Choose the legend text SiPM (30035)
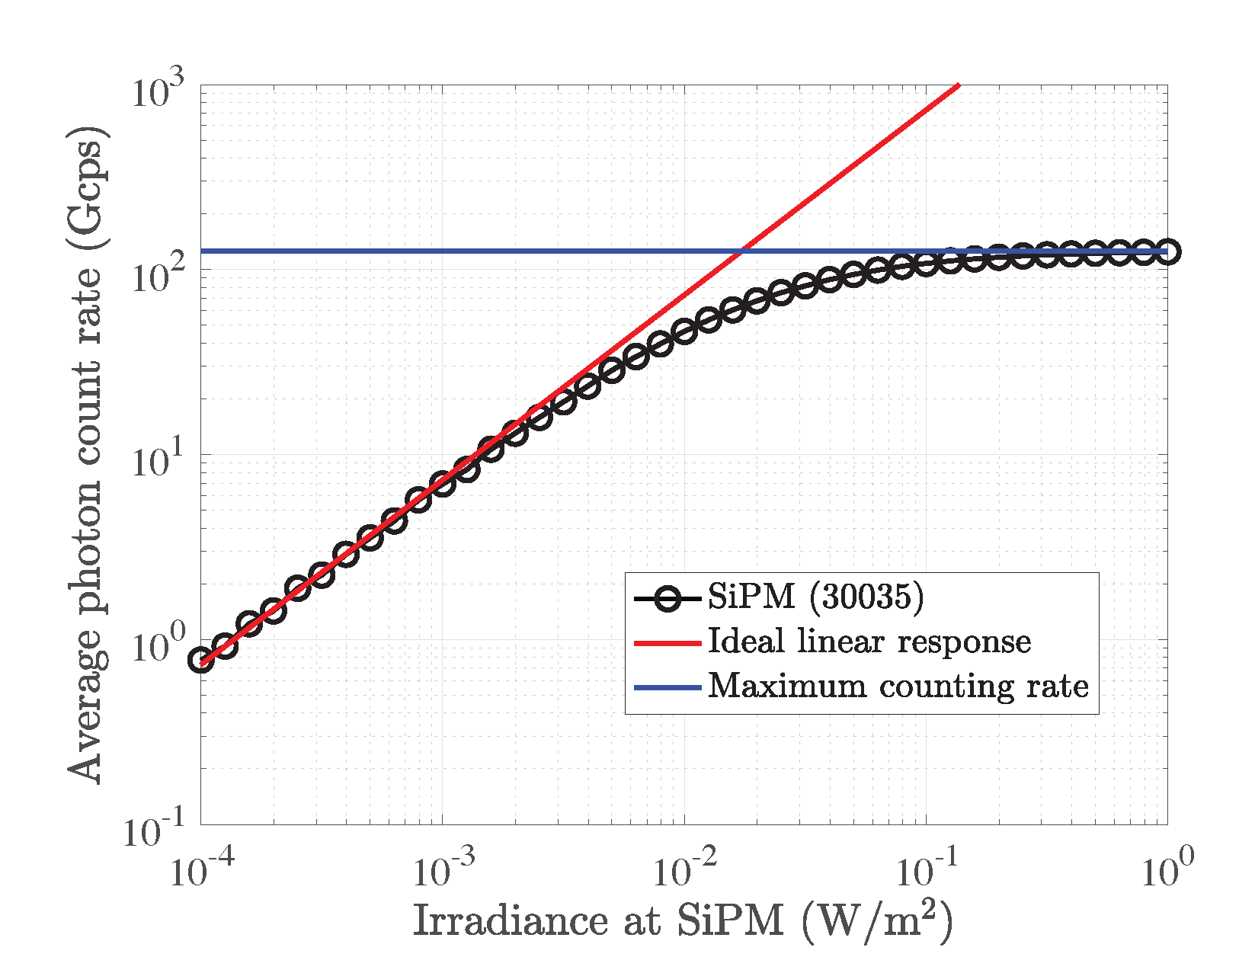click(815, 597)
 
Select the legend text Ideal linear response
click(869, 642)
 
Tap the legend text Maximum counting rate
click(898, 687)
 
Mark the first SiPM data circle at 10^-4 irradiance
click(201, 660)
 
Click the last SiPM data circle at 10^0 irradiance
click(1167, 252)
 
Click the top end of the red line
click(958, 86)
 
